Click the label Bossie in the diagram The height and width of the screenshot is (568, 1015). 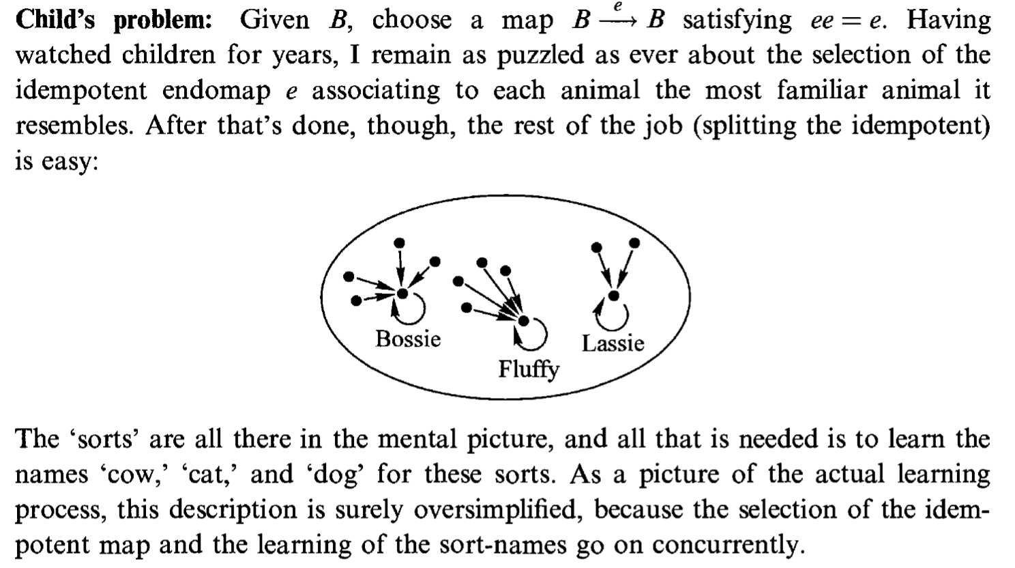pos(408,339)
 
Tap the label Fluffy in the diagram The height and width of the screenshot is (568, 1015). pos(529,370)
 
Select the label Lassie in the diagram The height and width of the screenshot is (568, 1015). pos(613,343)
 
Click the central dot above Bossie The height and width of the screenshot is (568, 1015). pos(402,294)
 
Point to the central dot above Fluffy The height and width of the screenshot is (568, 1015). pos(523,321)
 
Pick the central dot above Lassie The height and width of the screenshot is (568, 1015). pos(613,296)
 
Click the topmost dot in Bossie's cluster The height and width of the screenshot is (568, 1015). pos(399,243)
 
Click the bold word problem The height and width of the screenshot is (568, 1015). pos(162,21)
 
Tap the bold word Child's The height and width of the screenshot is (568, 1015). pos(55,20)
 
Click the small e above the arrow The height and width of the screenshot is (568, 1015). pos(617,5)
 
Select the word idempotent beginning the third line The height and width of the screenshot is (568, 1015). pos(81,91)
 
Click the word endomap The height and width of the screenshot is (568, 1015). pos(216,91)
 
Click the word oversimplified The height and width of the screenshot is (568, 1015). pos(495,510)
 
